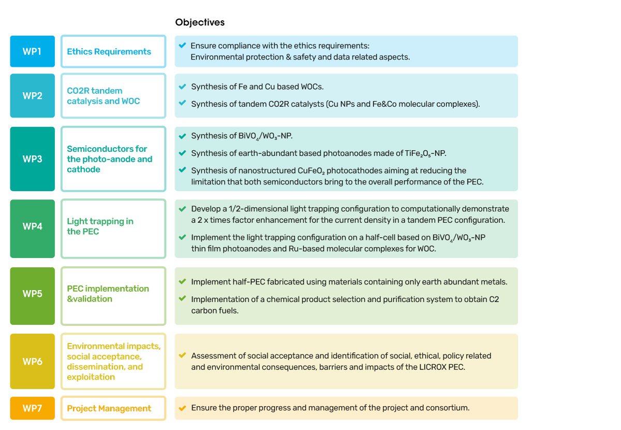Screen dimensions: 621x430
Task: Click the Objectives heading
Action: (200, 22)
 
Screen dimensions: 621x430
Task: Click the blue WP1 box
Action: (33, 51)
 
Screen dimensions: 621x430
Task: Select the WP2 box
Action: (33, 95)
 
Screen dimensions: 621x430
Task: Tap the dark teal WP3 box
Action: (33, 159)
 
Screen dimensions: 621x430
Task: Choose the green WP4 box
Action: (33, 229)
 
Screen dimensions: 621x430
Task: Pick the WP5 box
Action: (33, 296)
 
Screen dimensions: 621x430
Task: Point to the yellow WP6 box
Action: (33, 361)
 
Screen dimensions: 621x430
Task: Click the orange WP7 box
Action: (33, 408)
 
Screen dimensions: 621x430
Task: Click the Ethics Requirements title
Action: (109, 52)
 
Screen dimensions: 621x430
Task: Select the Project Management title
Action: (109, 408)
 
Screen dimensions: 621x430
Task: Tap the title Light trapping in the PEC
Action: (100, 226)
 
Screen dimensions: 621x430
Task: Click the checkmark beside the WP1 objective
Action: (182, 45)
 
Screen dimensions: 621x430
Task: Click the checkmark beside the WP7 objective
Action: (182, 408)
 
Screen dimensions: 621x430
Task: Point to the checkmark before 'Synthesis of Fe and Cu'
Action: (182, 87)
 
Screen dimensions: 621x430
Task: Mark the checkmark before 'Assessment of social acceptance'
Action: (182, 355)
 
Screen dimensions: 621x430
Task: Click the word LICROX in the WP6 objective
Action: (433, 367)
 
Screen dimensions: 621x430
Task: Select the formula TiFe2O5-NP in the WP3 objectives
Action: (425, 153)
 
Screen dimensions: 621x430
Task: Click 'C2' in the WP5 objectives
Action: (494, 299)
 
